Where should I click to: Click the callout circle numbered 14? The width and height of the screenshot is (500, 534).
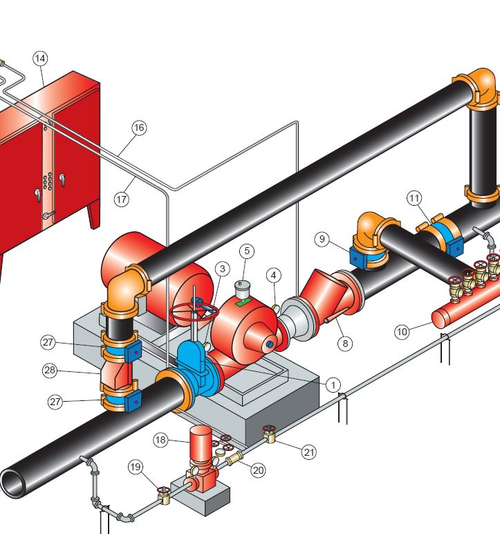point(40,59)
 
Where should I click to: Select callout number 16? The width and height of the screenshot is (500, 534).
point(139,127)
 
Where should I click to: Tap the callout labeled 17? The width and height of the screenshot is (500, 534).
point(122,199)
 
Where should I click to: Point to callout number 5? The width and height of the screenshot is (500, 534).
point(247,251)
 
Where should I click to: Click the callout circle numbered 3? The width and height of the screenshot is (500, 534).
point(223,269)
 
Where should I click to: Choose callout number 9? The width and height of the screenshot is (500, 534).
point(322,239)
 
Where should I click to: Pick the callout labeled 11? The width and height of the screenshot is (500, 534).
point(414,198)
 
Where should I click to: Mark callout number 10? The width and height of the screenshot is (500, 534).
point(402,331)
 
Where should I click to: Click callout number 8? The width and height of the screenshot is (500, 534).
point(345,344)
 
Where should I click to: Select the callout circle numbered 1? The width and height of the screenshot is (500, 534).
point(333,385)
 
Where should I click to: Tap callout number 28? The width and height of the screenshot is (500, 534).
point(50,370)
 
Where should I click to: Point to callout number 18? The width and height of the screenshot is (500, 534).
point(160,440)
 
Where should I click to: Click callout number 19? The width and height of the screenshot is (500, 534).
point(136,467)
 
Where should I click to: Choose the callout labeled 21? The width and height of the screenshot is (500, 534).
point(309,452)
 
